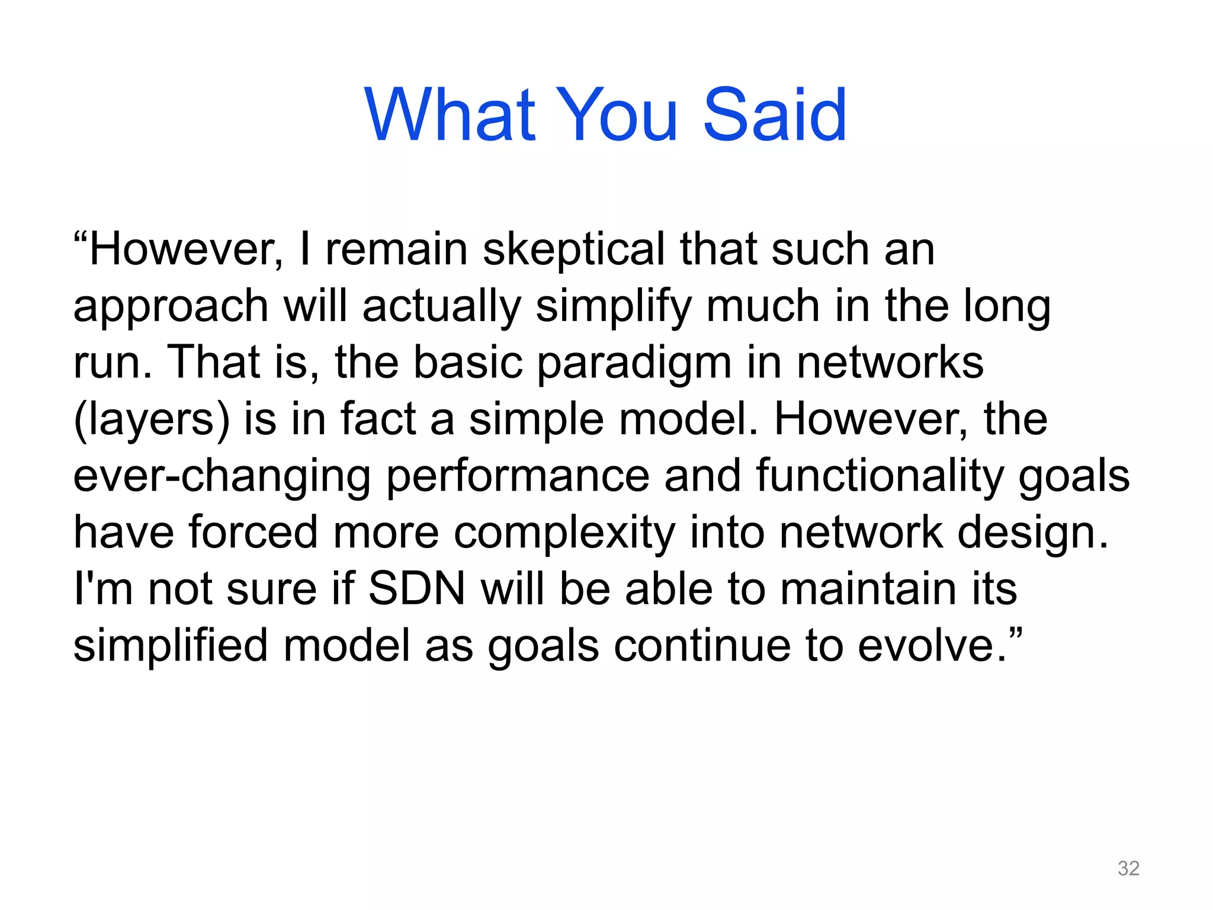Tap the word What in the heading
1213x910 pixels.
450,115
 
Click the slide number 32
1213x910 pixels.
1128,868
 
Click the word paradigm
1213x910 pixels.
634,363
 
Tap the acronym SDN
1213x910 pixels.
417,589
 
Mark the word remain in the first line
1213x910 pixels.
397,249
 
